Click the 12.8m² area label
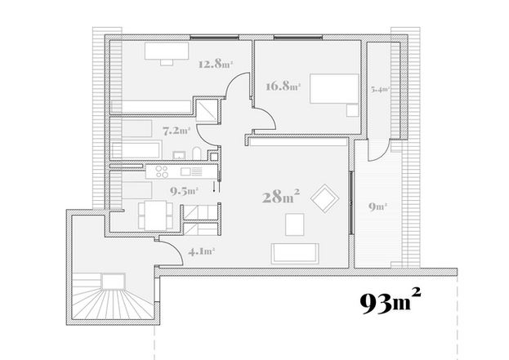point(216,64)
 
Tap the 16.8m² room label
point(283,87)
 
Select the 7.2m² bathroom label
point(176,131)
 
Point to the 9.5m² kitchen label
point(184,191)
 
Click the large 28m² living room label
point(281,196)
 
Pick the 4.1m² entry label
point(201,251)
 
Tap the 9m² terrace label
point(377,207)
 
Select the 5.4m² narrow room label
point(380,89)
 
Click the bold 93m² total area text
point(391,301)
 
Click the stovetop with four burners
point(162,171)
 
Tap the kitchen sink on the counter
point(185,171)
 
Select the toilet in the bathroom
point(197,153)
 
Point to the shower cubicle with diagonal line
point(207,110)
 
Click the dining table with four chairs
point(155,215)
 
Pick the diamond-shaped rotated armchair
point(325,198)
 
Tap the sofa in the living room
point(295,253)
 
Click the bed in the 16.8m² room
point(334,88)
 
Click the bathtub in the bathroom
point(136,149)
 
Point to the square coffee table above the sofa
point(295,224)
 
